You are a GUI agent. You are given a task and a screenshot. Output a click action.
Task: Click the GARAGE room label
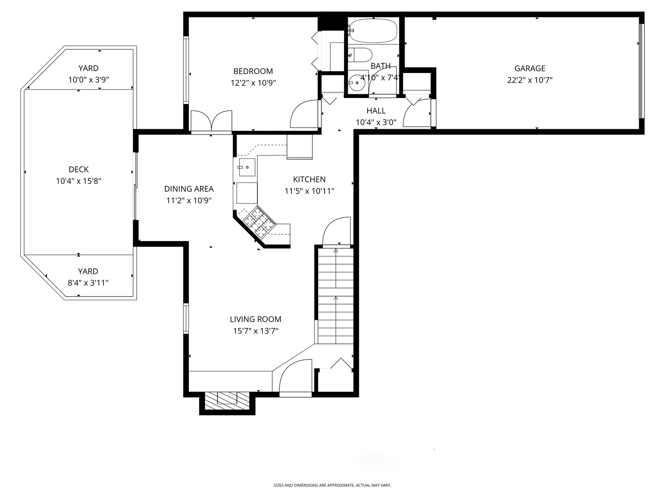click(x=530, y=68)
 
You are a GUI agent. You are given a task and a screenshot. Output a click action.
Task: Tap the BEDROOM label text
click(x=253, y=71)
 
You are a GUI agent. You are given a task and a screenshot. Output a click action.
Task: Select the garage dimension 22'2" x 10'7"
click(x=530, y=80)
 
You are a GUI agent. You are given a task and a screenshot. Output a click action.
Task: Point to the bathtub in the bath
click(x=374, y=30)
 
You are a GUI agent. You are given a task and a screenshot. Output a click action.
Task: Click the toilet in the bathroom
click(x=360, y=55)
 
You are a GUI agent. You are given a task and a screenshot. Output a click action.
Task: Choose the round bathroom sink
click(x=356, y=82)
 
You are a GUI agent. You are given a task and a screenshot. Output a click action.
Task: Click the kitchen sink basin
click(x=247, y=167)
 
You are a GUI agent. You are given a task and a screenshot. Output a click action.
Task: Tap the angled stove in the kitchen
click(x=259, y=222)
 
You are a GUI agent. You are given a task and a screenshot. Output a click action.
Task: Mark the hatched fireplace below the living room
click(x=227, y=401)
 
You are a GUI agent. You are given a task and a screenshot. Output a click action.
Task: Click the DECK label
click(x=79, y=170)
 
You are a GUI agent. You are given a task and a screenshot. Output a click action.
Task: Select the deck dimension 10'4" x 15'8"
click(x=79, y=181)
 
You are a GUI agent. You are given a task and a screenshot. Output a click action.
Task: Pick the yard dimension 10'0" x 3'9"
click(x=89, y=79)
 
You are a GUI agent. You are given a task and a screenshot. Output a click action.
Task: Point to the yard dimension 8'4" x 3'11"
click(x=88, y=283)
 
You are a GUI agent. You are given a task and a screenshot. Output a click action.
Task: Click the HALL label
click(x=376, y=110)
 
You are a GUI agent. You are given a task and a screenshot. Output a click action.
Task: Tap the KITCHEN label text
click(x=309, y=179)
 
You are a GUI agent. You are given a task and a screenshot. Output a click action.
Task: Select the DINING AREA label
click(x=189, y=189)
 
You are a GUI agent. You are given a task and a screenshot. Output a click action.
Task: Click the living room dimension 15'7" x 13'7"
click(x=255, y=330)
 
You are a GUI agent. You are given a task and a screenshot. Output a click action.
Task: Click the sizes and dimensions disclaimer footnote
click(x=332, y=485)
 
